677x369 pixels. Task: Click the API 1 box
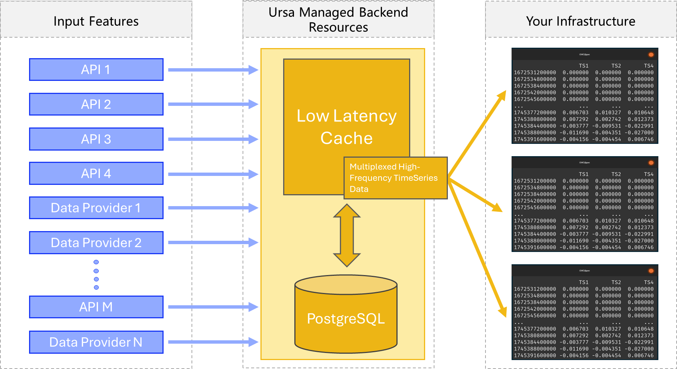pyautogui.click(x=96, y=70)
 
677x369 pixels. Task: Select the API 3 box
pyautogui.click(x=96, y=139)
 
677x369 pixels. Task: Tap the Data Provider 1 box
pyautogui.click(x=96, y=208)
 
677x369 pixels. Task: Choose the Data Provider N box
pyautogui.click(x=96, y=342)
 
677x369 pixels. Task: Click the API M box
pyautogui.click(x=96, y=307)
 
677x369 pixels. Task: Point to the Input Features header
pyautogui.click(x=96, y=21)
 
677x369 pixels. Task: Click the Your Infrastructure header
pyautogui.click(x=580, y=21)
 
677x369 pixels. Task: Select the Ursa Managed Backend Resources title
pyautogui.click(x=338, y=20)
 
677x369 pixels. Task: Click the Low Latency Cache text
pyautogui.click(x=347, y=127)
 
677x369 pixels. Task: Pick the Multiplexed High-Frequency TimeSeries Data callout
pyautogui.click(x=395, y=178)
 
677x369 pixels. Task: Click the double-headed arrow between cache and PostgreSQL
pyautogui.click(x=347, y=236)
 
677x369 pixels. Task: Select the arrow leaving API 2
pyautogui.click(x=212, y=104)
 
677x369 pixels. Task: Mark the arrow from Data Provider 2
pyautogui.click(x=212, y=243)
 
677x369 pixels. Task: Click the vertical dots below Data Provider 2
pyautogui.click(x=96, y=275)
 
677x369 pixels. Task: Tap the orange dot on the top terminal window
pyautogui.click(x=651, y=54)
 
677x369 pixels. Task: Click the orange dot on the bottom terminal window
pyautogui.click(x=651, y=271)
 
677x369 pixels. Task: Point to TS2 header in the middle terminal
pyautogui.click(x=616, y=174)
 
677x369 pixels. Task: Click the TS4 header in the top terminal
pyautogui.click(x=648, y=66)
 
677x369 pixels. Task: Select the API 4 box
pyautogui.click(x=96, y=174)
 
